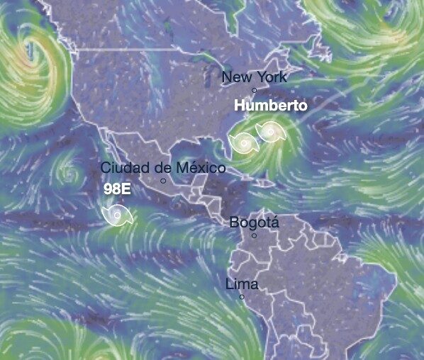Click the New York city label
pyautogui.click(x=254, y=77)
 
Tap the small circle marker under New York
pyautogui.click(x=255, y=90)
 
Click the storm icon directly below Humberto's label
pyautogui.click(x=270, y=131)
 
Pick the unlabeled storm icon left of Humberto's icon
pyautogui.click(x=245, y=143)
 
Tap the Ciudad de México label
pyautogui.click(x=163, y=168)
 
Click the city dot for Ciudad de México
pyautogui.click(x=163, y=181)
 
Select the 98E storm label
pyautogui.click(x=117, y=189)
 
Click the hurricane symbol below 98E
pyautogui.click(x=116, y=215)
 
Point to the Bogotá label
pyautogui.click(x=254, y=223)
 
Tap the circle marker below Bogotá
pyautogui.click(x=254, y=235)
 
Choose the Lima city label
pyautogui.click(x=241, y=285)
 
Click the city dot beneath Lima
pyautogui.click(x=242, y=297)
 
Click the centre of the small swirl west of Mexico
pyautogui.click(x=68, y=172)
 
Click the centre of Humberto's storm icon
pyautogui.click(x=270, y=131)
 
